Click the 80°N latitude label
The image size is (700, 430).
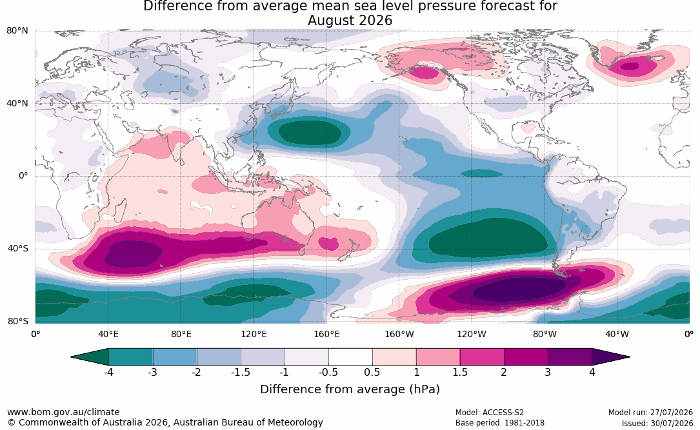(x=17, y=31)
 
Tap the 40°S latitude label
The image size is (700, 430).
(x=18, y=248)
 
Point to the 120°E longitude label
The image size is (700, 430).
(x=254, y=334)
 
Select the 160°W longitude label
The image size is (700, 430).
(x=399, y=334)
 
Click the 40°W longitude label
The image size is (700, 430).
(x=617, y=334)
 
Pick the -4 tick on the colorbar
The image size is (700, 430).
(x=108, y=372)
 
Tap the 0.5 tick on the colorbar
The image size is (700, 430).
(x=372, y=372)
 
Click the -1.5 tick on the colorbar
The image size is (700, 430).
(x=241, y=372)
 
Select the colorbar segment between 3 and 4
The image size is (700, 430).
(x=570, y=357)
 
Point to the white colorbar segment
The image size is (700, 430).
(x=350, y=357)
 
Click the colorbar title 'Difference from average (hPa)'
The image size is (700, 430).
(x=350, y=389)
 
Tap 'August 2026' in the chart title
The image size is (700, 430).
(x=350, y=21)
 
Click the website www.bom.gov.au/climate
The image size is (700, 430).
(x=63, y=412)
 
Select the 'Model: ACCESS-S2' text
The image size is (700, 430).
(x=490, y=413)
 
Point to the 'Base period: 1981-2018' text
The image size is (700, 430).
(x=500, y=423)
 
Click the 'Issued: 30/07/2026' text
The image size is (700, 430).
(x=657, y=423)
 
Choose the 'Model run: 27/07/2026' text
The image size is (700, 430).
(x=650, y=413)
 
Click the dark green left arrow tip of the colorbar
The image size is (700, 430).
(x=72, y=357)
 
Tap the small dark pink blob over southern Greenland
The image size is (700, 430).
(x=630, y=66)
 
